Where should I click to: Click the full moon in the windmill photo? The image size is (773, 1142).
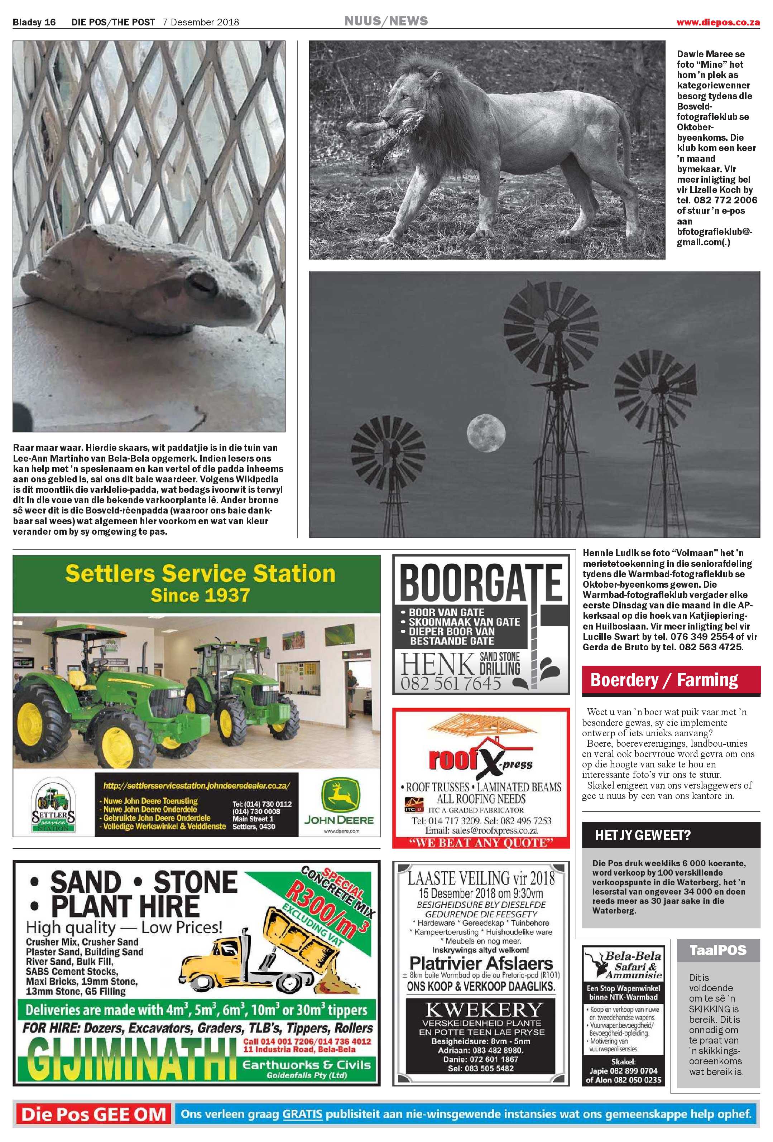[x=485, y=429]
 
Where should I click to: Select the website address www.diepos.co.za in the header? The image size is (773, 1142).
[x=717, y=22]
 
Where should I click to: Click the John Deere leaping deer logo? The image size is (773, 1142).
[x=340, y=795]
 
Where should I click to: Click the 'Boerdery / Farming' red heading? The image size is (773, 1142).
[x=664, y=680]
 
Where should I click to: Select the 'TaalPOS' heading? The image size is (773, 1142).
[x=717, y=950]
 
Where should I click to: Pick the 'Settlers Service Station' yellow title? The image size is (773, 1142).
[x=200, y=573]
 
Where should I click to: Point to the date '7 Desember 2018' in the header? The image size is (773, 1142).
[x=201, y=22]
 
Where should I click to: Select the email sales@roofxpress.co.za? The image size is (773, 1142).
[x=481, y=830]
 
